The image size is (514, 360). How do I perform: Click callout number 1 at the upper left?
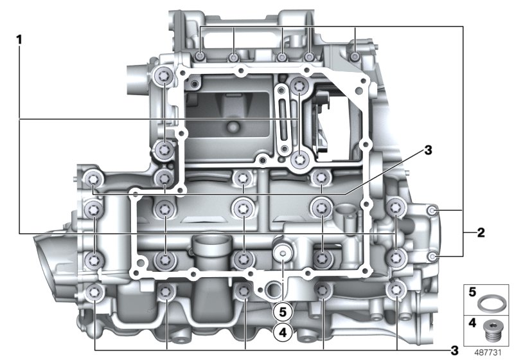pyautogui.click(x=19, y=40)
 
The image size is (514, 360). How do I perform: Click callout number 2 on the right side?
pyautogui.click(x=481, y=233)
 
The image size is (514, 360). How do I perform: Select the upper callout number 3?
pyautogui.click(x=428, y=150)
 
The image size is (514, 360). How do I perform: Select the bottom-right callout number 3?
pyautogui.click(x=454, y=350)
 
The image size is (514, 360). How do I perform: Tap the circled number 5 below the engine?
pyautogui.click(x=283, y=312)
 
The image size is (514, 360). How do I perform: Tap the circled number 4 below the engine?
pyautogui.click(x=283, y=332)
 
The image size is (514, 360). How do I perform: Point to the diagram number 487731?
pyautogui.click(x=488, y=352)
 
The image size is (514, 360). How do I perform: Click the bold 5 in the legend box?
pyautogui.click(x=472, y=291)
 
